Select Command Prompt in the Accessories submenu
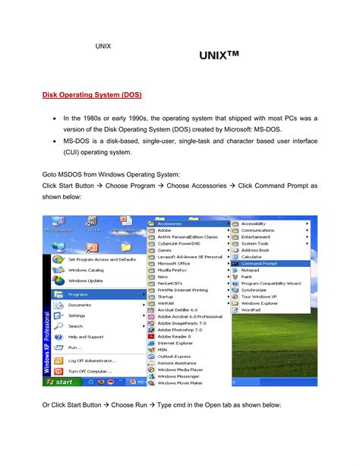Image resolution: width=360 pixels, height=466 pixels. point(261,263)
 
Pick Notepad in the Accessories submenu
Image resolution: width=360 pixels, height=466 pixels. point(250,270)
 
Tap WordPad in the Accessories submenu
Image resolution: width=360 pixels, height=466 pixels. point(251,309)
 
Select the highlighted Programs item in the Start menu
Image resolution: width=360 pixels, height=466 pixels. point(79,294)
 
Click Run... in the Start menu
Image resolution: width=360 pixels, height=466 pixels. point(76,347)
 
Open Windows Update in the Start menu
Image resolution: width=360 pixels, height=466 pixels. point(86,281)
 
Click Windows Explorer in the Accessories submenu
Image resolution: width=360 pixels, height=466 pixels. point(261,303)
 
